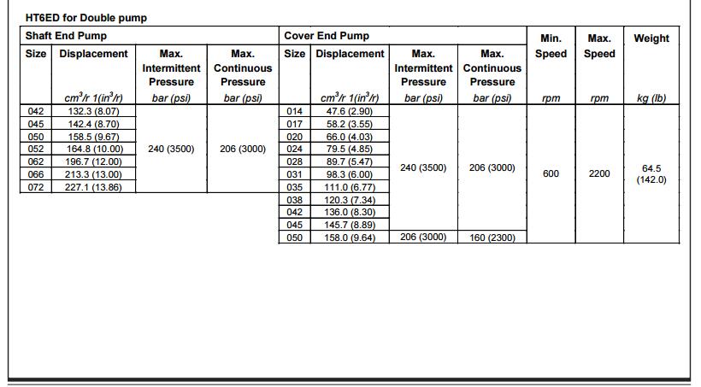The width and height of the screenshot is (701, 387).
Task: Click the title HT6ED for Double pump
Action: pyautogui.click(x=86, y=17)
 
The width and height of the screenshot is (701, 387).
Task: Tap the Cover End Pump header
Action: pyautogui.click(x=327, y=36)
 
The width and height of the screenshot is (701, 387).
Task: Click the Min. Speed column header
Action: pyautogui.click(x=551, y=46)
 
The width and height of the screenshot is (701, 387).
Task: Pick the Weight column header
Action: pyautogui.click(x=651, y=38)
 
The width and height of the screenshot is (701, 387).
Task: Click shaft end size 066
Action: pyautogui.click(x=35, y=174)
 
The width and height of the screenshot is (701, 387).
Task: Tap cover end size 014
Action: pyautogui.click(x=294, y=111)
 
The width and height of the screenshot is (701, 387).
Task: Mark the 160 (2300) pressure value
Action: pyautogui.click(x=492, y=237)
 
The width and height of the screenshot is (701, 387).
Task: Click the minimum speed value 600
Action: pyautogui.click(x=551, y=174)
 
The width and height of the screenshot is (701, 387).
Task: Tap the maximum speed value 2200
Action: pyautogui.click(x=599, y=174)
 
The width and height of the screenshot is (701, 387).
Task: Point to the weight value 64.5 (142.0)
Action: pyautogui.click(x=651, y=174)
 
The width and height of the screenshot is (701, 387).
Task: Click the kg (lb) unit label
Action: pyautogui.click(x=651, y=98)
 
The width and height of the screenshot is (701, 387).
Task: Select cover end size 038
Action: pyautogui.click(x=294, y=200)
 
